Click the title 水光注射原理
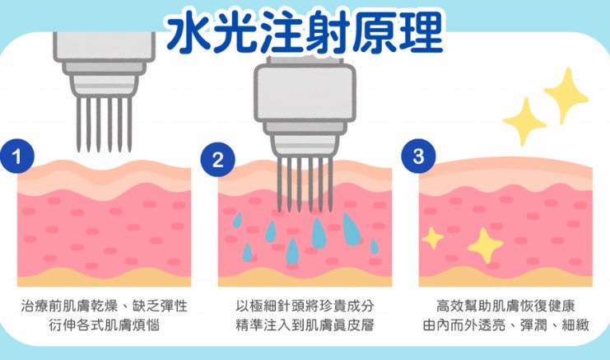(x=304, y=30)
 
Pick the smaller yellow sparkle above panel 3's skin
(x=524, y=121)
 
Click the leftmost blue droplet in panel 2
(x=237, y=220)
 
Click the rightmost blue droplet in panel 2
(x=375, y=245)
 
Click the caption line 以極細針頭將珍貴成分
(x=304, y=306)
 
